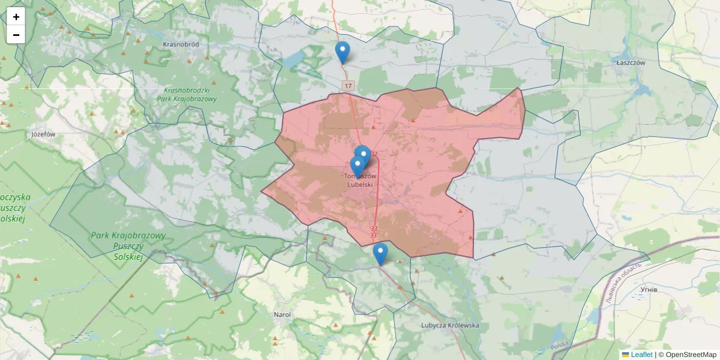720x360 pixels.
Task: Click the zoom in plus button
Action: coord(16,17)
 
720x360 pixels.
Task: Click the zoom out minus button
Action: coord(16,35)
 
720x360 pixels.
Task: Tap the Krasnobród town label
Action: coord(181,44)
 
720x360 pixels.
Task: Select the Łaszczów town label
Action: coord(630,62)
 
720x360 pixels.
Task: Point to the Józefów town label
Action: coord(43,134)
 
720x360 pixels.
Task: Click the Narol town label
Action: coord(282,314)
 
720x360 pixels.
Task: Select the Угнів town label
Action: coord(649,289)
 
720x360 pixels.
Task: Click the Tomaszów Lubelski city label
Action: coord(360,181)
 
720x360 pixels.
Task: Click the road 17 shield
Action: coord(349,86)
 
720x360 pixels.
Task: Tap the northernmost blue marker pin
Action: coord(343,53)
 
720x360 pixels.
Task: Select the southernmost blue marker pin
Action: coord(380,254)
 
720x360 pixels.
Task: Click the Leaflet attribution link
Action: coord(641,355)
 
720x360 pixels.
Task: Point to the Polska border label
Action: coord(559,346)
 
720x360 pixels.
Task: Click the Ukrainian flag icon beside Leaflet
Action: coord(625,355)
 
